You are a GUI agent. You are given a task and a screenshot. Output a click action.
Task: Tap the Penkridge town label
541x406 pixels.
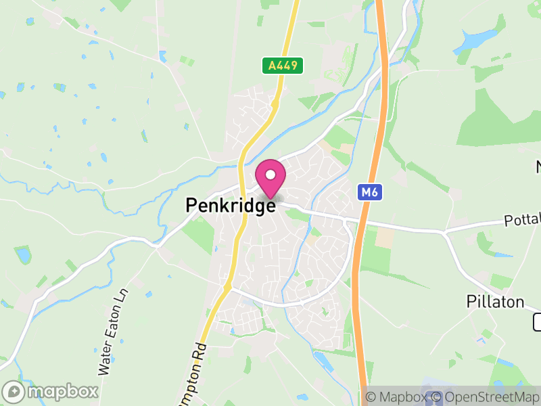pyautogui.click(x=230, y=206)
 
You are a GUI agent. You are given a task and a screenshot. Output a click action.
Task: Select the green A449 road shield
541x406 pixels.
pyautogui.click(x=283, y=66)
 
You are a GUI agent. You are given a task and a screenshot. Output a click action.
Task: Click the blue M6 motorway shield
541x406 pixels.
pyautogui.click(x=369, y=193)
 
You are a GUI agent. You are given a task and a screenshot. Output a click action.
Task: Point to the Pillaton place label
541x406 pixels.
pyautogui.click(x=496, y=302)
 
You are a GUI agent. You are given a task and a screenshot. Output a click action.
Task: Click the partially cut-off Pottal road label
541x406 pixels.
pyautogui.click(x=522, y=221)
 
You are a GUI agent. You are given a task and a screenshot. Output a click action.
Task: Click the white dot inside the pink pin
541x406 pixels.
pyautogui.click(x=270, y=175)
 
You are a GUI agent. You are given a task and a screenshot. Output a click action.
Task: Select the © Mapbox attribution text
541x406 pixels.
pyautogui.click(x=399, y=397)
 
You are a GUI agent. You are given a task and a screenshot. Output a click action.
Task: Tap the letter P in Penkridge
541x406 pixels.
pyautogui.click(x=192, y=206)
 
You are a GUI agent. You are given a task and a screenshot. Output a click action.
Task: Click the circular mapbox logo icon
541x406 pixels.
pyautogui.click(x=13, y=392)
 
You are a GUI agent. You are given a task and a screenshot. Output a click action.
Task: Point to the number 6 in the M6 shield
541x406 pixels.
pyautogui.click(x=373, y=193)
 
